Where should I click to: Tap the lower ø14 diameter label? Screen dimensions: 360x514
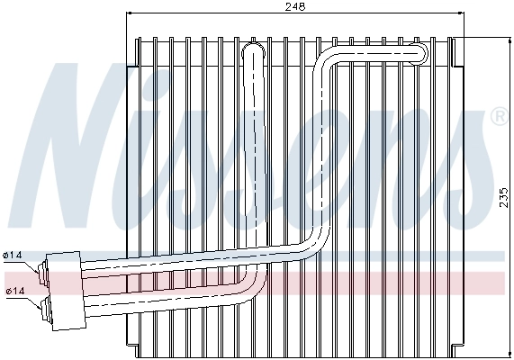coord(14,291)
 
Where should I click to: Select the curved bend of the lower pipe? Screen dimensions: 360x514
coord(257,286)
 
